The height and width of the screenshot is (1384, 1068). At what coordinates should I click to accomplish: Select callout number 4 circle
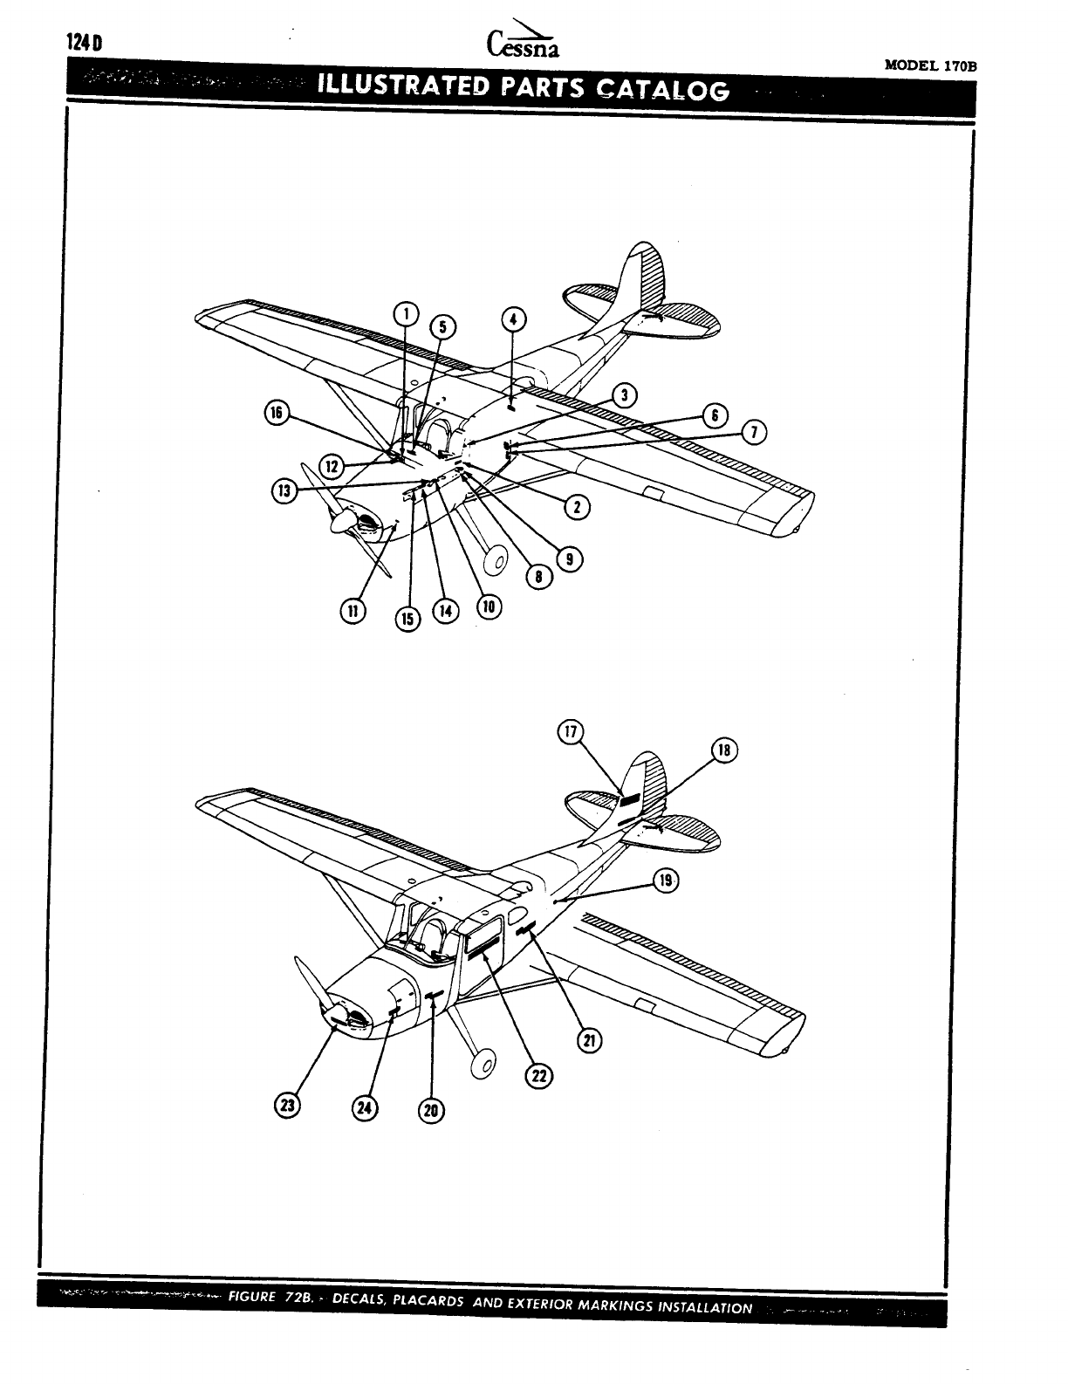[x=513, y=319]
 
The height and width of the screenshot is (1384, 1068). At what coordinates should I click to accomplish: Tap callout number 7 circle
[x=755, y=431]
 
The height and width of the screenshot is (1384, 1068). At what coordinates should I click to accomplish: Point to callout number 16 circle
[x=277, y=414]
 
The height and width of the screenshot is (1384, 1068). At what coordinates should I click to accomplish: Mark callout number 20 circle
[x=432, y=1110]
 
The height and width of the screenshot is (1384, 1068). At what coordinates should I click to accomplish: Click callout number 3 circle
[x=625, y=396]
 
